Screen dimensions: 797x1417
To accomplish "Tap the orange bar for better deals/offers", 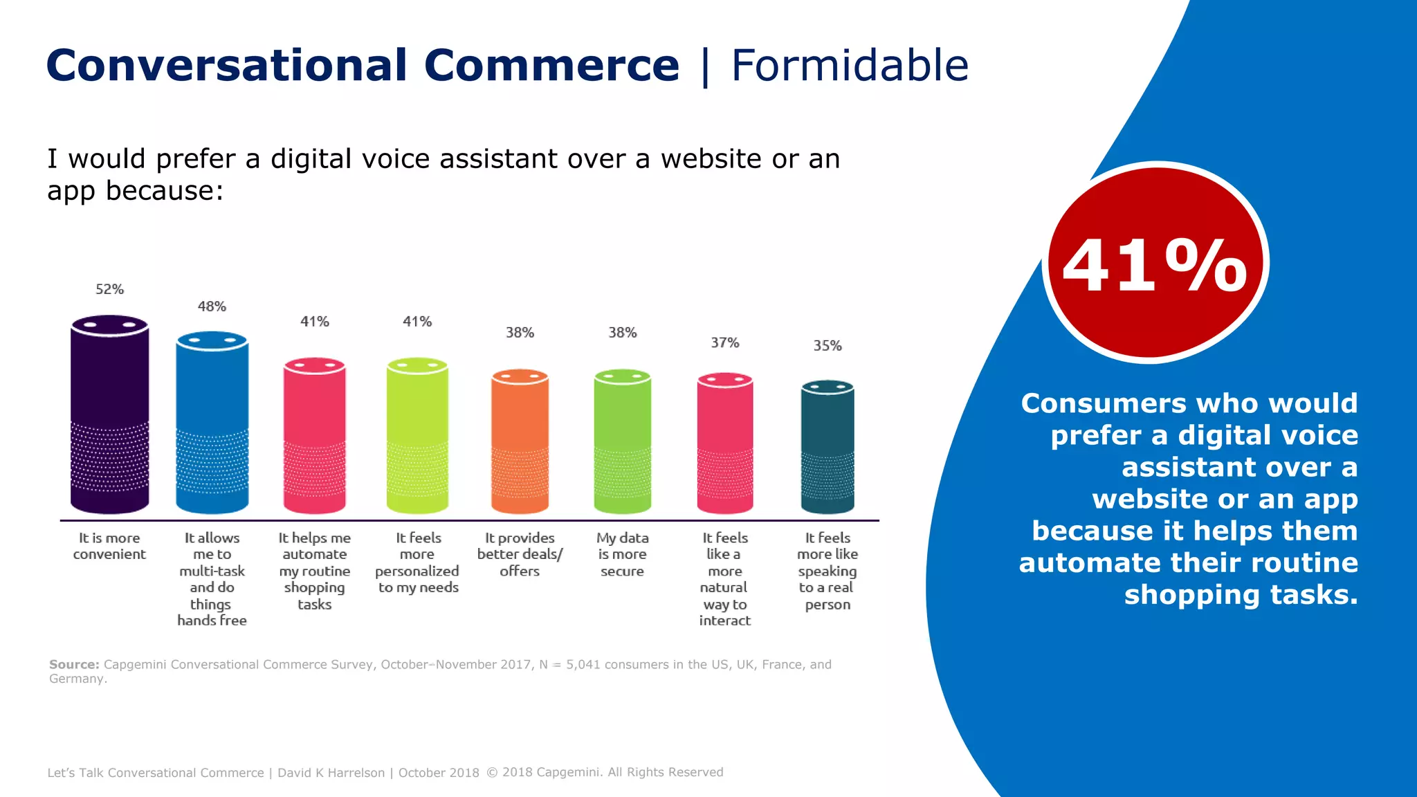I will tap(520, 443).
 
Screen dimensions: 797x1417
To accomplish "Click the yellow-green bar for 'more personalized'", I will tap(417, 436).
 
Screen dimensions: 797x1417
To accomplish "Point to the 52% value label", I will tap(109, 289).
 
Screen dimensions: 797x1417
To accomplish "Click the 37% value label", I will tap(724, 342).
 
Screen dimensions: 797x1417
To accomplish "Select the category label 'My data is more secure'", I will tap(622, 554).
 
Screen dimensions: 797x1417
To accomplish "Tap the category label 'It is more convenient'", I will tap(109, 546).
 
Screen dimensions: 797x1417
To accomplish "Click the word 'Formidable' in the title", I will tap(849, 66).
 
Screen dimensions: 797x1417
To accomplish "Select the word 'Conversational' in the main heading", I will tap(226, 66).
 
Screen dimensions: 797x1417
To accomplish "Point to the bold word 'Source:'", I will tap(73, 664).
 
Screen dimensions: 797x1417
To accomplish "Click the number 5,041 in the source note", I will tap(583, 664).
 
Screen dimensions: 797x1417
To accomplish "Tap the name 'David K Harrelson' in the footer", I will tap(331, 773).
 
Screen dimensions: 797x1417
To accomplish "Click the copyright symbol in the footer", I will tap(492, 772).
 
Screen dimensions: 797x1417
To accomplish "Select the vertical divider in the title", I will tap(705, 66).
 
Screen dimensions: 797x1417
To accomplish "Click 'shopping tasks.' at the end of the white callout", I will tap(1241, 595).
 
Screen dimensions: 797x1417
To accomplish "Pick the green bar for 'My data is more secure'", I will tap(622, 443).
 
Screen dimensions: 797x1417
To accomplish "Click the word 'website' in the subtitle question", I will tap(711, 159).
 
